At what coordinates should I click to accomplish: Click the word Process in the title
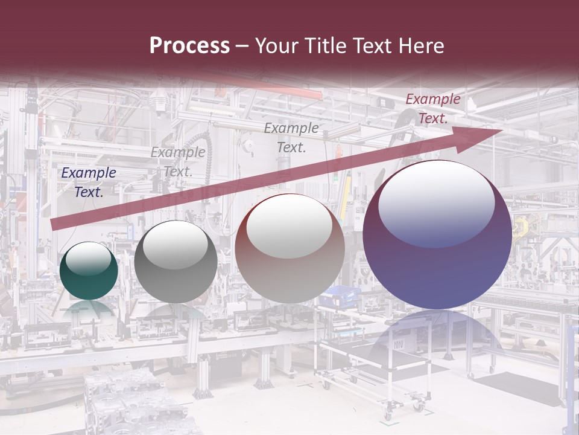click(189, 46)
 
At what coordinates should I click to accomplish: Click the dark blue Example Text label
click(89, 182)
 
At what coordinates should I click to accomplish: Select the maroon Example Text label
click(432, 109)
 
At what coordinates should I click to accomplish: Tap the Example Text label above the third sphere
click(291, 138)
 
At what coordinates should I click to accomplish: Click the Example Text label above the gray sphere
click(178, 162)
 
